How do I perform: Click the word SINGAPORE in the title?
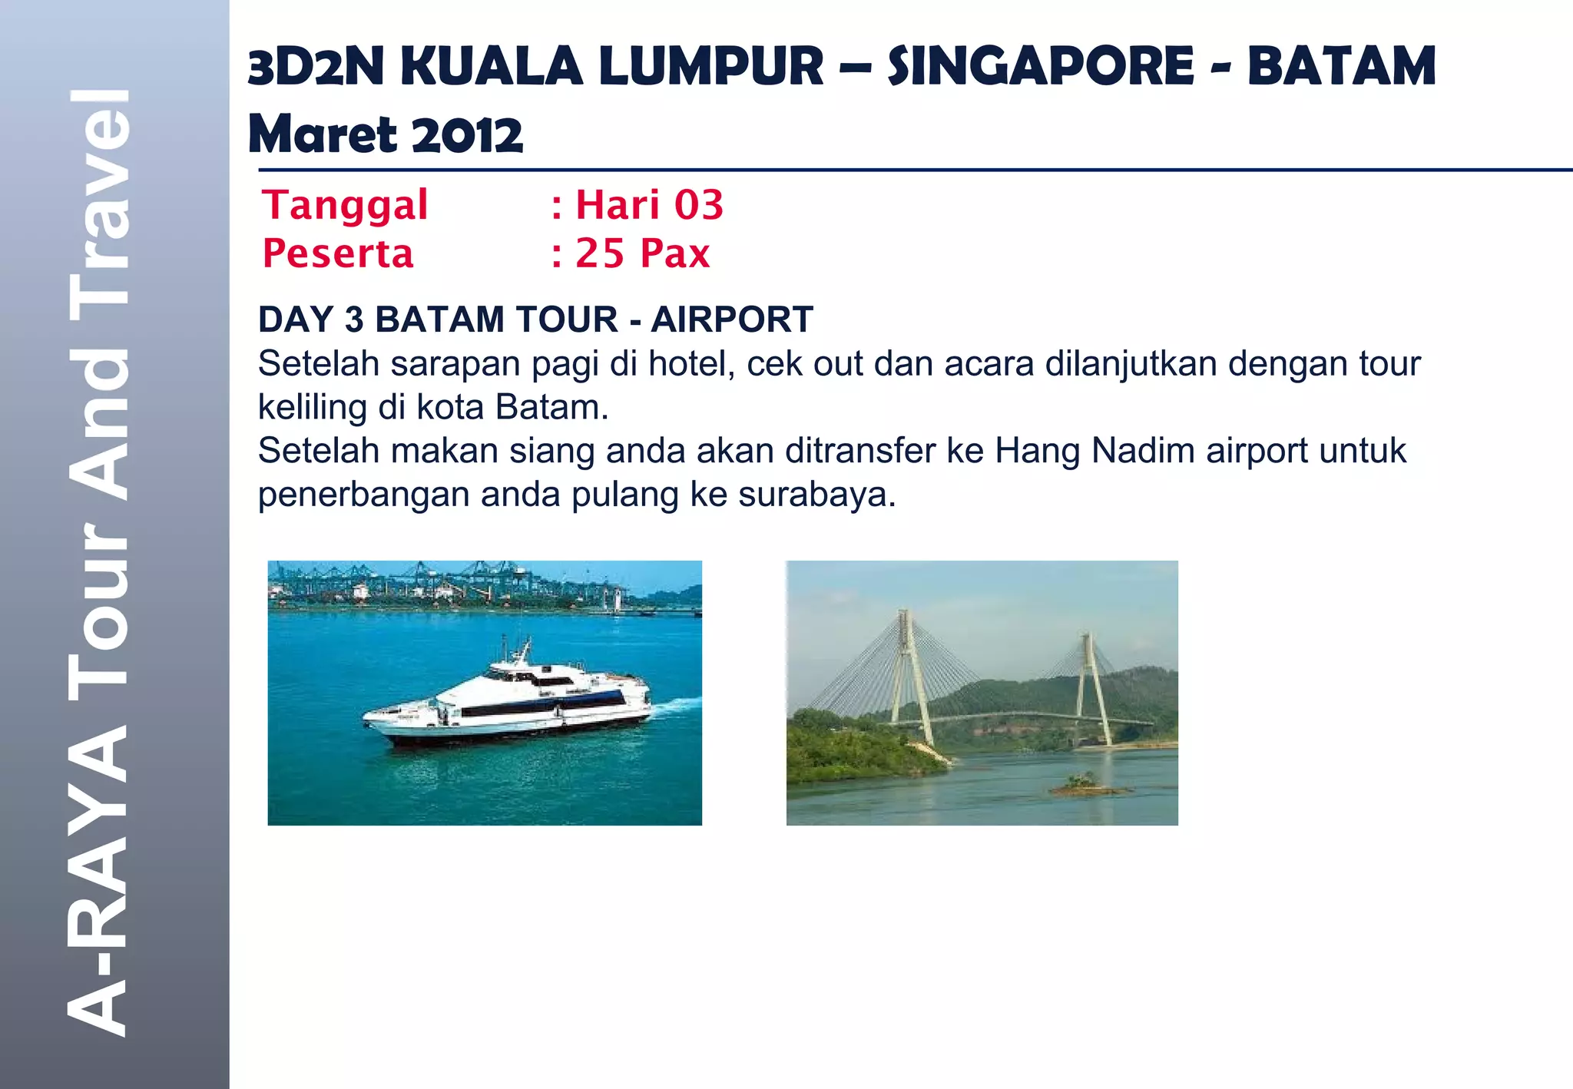[x=1041, y=67]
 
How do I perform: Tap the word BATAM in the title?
[x=1341, y=67]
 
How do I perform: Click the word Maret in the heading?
[x=322, y=135]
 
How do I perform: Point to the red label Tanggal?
[x=345, y=206]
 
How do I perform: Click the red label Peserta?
[x=338, y=253]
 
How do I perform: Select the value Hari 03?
[x=649, y=206]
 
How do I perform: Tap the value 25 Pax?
[x=643, y=253]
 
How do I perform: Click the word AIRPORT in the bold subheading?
[x=732, y=319]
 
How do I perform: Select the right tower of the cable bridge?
[x=1091, y=684]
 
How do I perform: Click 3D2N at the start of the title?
[x=316, y=67]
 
